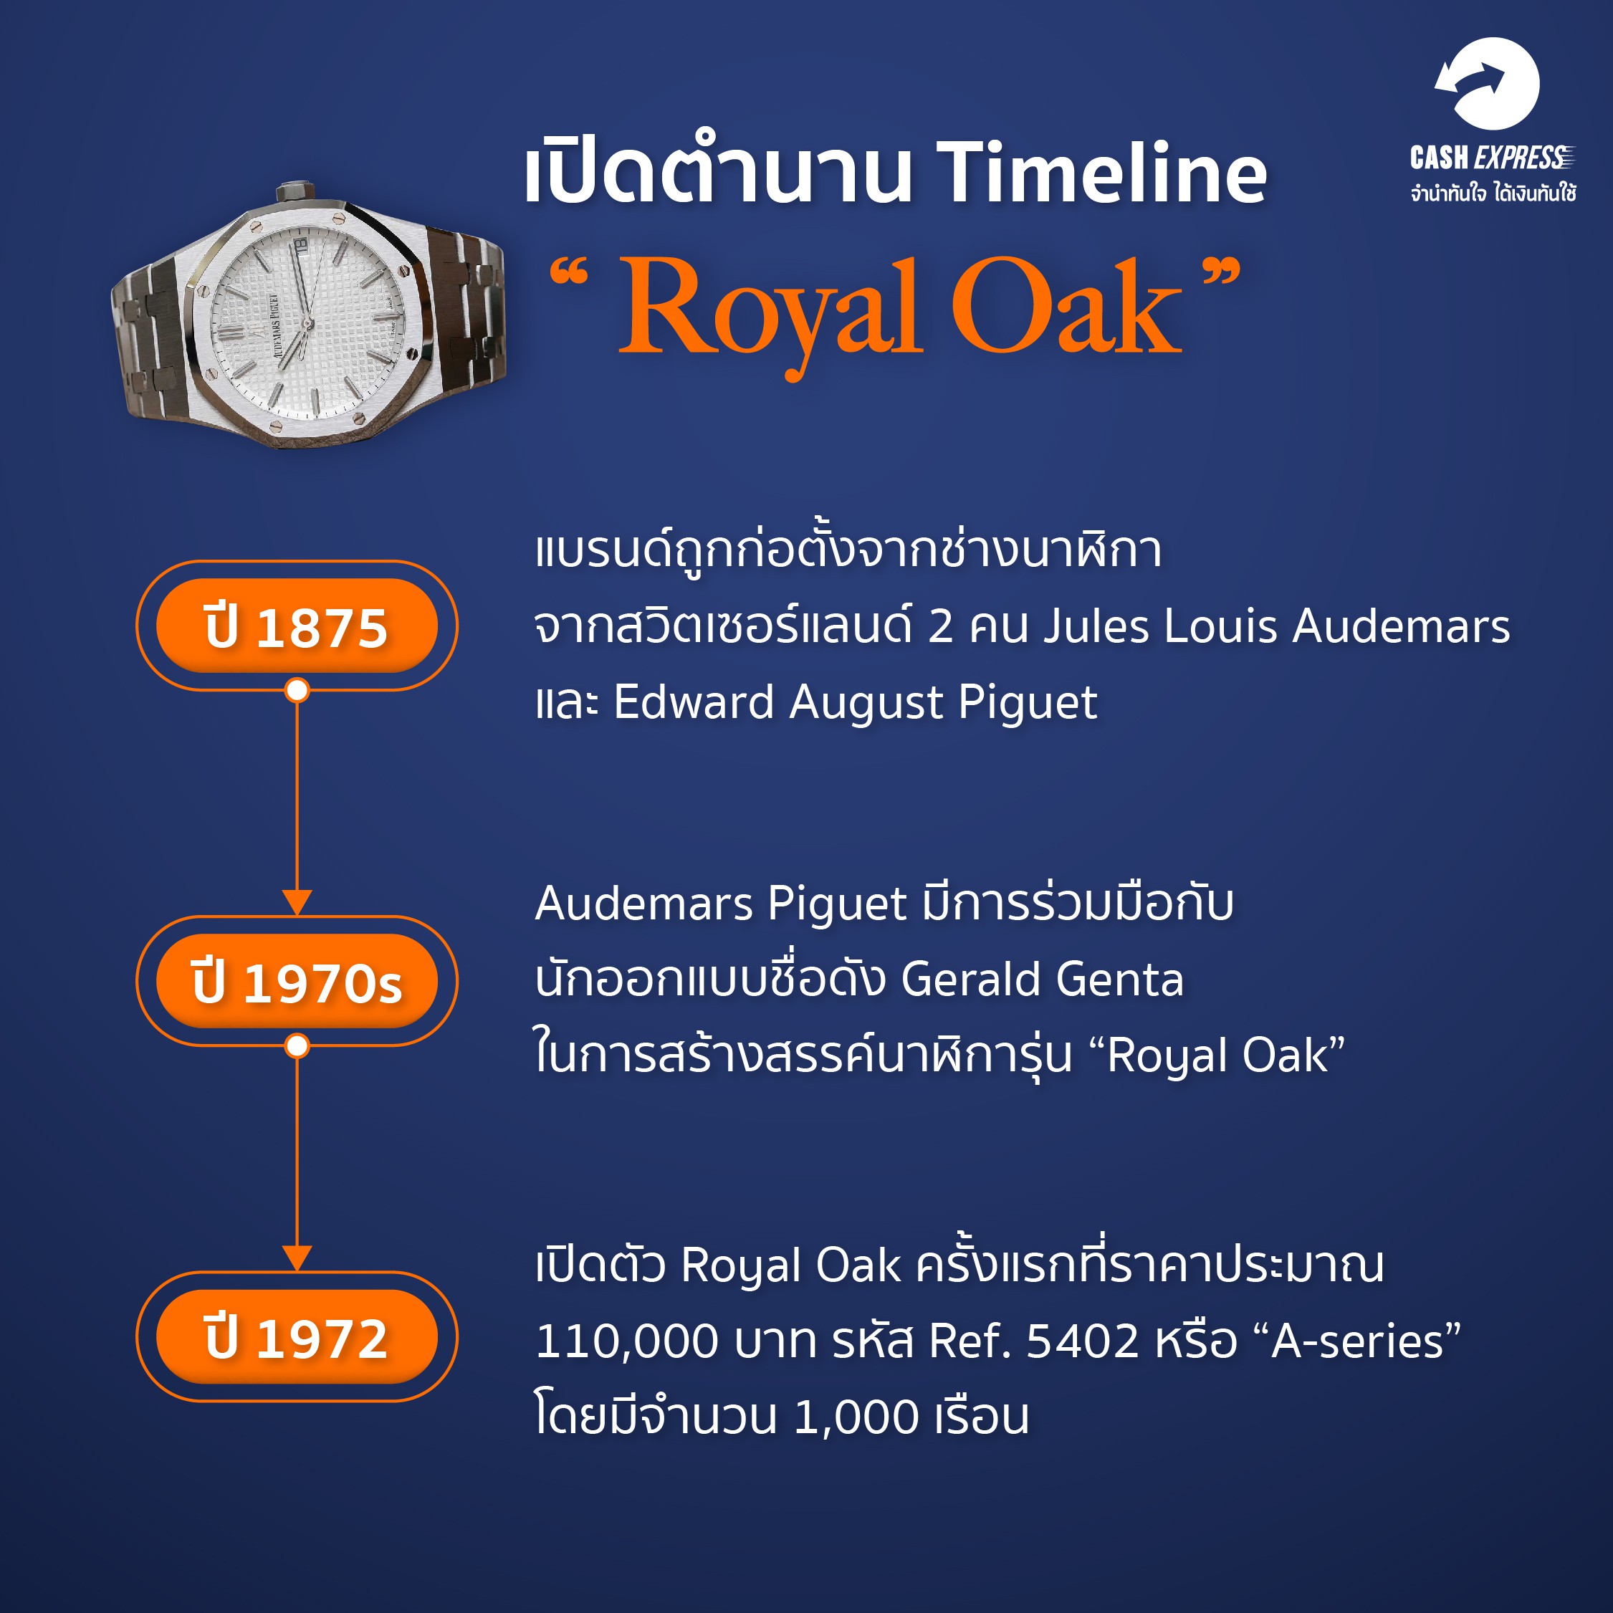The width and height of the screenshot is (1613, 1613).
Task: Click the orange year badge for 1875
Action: tap(297, 626)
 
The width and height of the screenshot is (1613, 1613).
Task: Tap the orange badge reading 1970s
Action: tap(297, 981)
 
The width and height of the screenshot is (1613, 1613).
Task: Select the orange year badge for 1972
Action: tap(297, 1336)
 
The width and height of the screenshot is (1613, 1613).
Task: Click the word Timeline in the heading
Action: tap(1101, 173)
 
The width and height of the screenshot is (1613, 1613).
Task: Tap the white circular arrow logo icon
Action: tap(1487, 84)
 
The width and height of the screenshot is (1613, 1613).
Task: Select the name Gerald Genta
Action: tap(1042, 980)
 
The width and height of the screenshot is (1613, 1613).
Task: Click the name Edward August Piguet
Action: tap(855, 703)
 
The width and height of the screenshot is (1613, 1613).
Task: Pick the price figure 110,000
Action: tap(626, 1341)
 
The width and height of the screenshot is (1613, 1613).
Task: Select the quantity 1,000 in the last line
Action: tap(856, 1417)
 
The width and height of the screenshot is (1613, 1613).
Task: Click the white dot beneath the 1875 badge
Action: tap(297, 691)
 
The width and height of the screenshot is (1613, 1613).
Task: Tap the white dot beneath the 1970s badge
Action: tap(297, 1046)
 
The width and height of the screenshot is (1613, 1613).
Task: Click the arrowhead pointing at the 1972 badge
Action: tap(297, 1258)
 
